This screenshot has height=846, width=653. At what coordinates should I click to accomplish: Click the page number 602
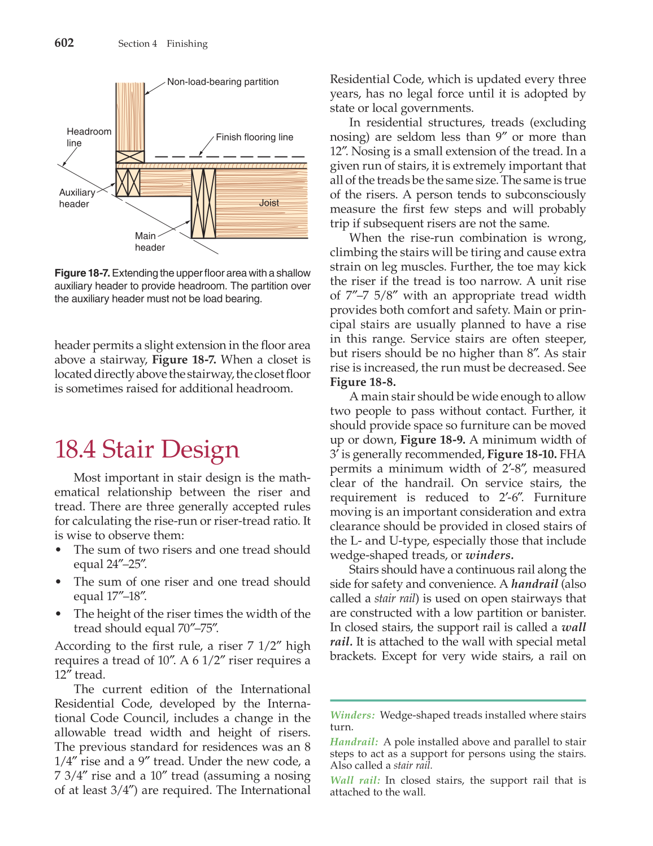click(x=64, y=43)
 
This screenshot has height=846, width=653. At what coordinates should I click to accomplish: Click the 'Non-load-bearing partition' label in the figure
click(x=223, y=82)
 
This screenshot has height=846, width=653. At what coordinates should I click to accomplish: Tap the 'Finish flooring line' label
click(x=254, y=137)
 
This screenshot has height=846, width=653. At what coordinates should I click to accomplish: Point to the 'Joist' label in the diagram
click(x=269, y=203)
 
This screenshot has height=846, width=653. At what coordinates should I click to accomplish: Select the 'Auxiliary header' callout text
click(x=77, y=198)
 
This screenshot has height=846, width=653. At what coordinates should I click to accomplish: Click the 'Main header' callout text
click(x=149, y=242)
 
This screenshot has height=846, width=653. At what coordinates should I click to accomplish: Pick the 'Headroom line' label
click(x=89, y=137)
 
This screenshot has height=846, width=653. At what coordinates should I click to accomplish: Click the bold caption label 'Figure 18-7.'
click(x=82, y=273)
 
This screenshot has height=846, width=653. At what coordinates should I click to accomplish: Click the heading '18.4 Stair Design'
click(x=147, y=449)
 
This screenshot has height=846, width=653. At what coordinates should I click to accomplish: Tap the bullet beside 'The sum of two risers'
click(x=58, y=550)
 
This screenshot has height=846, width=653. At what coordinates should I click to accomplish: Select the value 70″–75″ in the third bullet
click(x=197, y=628)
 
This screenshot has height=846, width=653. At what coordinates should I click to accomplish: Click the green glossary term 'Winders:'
click(x=352, y=715)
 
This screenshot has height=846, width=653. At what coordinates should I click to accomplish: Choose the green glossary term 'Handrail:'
click(x=354, y=742)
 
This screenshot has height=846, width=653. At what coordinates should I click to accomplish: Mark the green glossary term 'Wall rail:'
click(x=355, y=780)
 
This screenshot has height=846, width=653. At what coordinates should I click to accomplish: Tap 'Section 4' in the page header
click(x=137, y=44)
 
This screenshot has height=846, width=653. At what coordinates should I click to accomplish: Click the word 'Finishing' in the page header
click(x=187, y=44)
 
